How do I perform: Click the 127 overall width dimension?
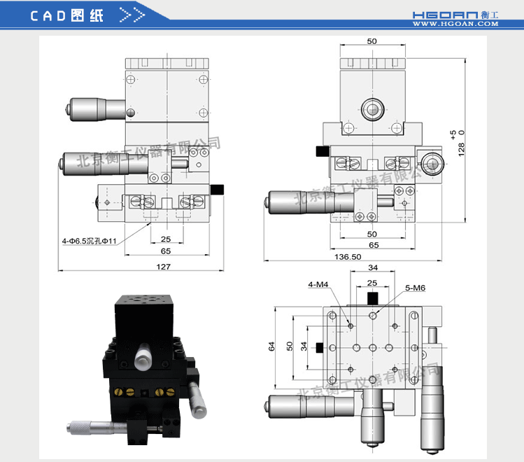163,267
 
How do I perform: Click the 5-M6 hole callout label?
415,288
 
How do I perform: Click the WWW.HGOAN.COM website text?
455,24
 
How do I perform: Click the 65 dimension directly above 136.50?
374,245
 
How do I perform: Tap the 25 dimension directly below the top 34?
373,283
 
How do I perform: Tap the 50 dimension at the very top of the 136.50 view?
371,41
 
